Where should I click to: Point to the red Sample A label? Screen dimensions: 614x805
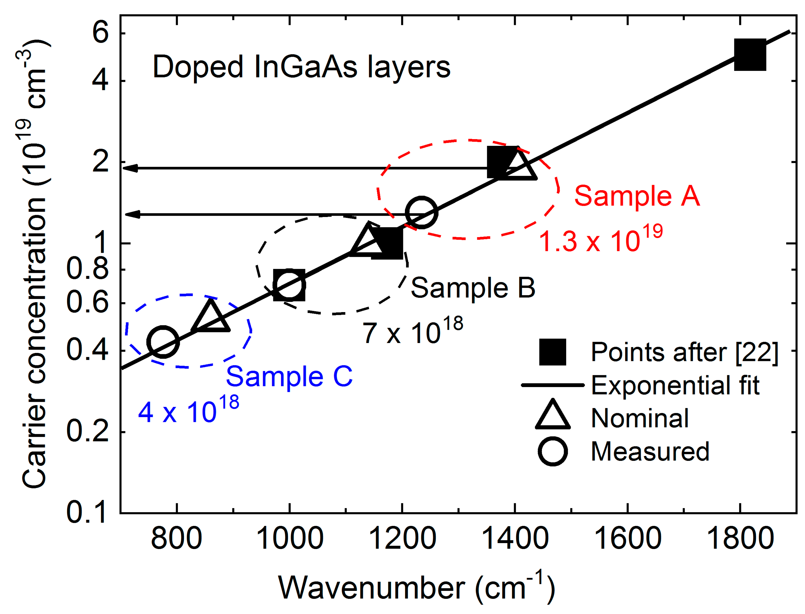point(637,196)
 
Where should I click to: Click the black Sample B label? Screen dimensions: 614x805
point(473,288)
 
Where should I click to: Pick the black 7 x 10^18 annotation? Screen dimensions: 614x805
point(412,331)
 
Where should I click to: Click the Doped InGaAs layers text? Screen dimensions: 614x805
point(301,67)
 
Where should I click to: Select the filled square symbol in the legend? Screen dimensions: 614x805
point(552,352)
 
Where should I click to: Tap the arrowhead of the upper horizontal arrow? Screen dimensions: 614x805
point(130,168)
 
